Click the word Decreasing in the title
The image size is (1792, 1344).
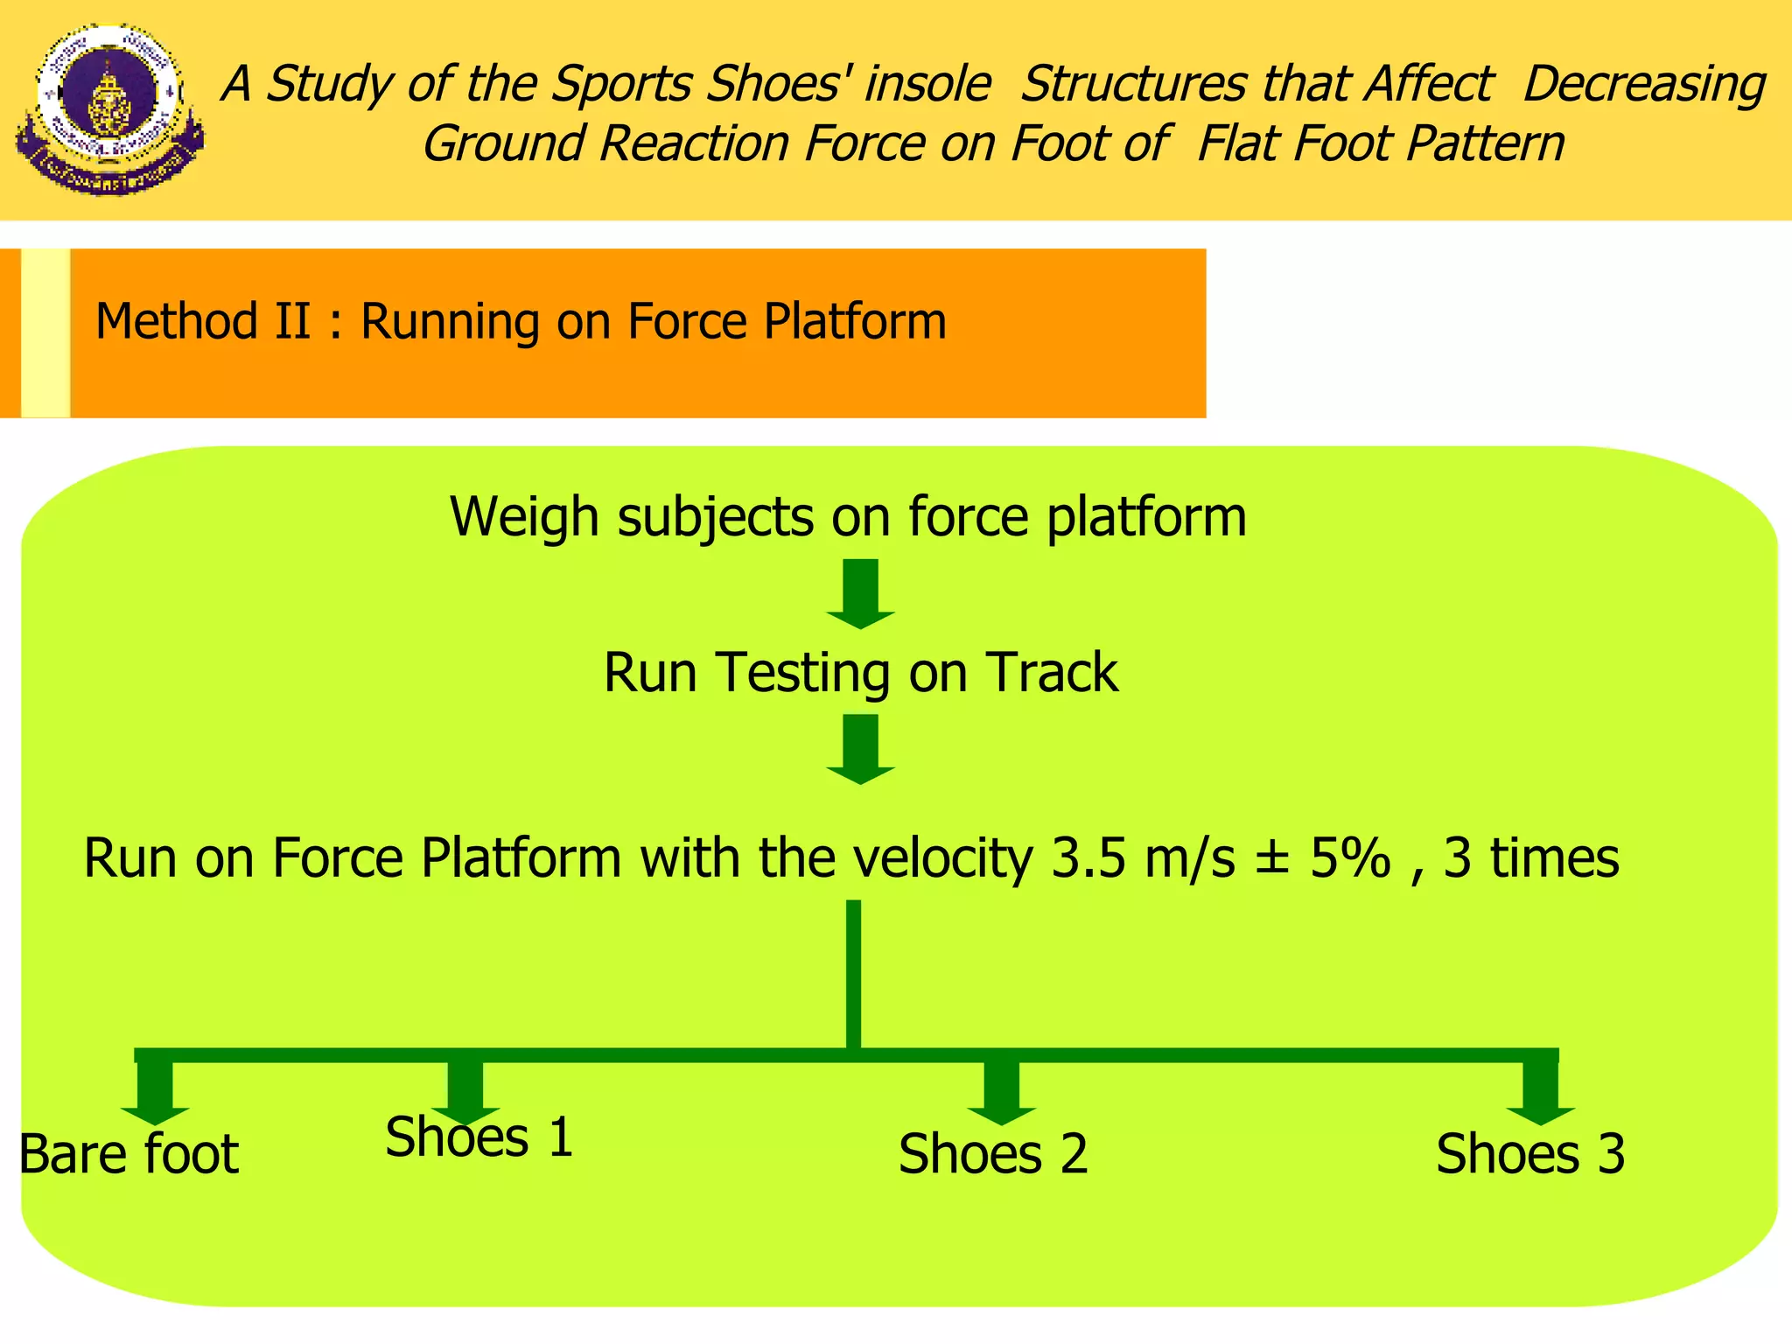(x=1643, y=85)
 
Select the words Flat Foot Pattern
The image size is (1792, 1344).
(x=1380, y=144)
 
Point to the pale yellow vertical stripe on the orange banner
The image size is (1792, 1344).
(x=45, y=332)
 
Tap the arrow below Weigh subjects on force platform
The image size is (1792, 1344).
(x=860, y=594)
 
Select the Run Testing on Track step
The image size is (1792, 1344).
(x=860, y=673)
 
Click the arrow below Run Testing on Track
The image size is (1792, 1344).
(x=860, y=750)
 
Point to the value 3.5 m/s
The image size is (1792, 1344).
(x=1142, y=858)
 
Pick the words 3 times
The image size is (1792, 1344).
(x=1530, y=858)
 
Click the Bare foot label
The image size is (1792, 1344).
(x=129, y=1154)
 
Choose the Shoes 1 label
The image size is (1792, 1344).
(x=479, y=1137)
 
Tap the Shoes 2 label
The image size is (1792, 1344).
(x=992, y=1154)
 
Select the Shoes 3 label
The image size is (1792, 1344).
(x=1529, y=1154)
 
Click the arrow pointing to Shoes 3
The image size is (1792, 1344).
(x=1540, y=1092)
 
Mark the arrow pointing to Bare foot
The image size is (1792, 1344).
(x=155, y=1092)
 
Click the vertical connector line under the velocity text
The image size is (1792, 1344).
(x=853, y=971)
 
